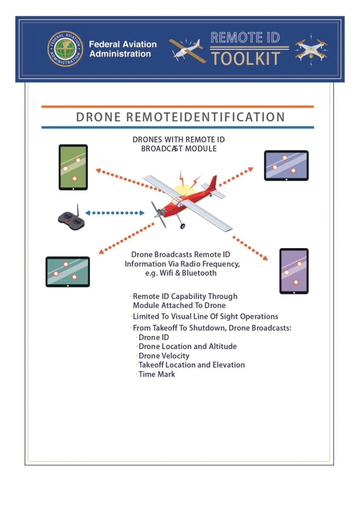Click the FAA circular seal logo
(65, 49)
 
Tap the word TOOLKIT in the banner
(246, 59)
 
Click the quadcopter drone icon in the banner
(311, 50)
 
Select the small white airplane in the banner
(187, 50)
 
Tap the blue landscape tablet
(286, 165)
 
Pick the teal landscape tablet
(68, 272)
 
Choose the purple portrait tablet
(294, 271)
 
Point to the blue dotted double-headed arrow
(115, 213)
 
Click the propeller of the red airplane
(158, 214)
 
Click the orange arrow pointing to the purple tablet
(250, 248)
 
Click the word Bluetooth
(199, 273)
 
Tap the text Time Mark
(157, 374)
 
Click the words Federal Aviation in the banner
(123, 44)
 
